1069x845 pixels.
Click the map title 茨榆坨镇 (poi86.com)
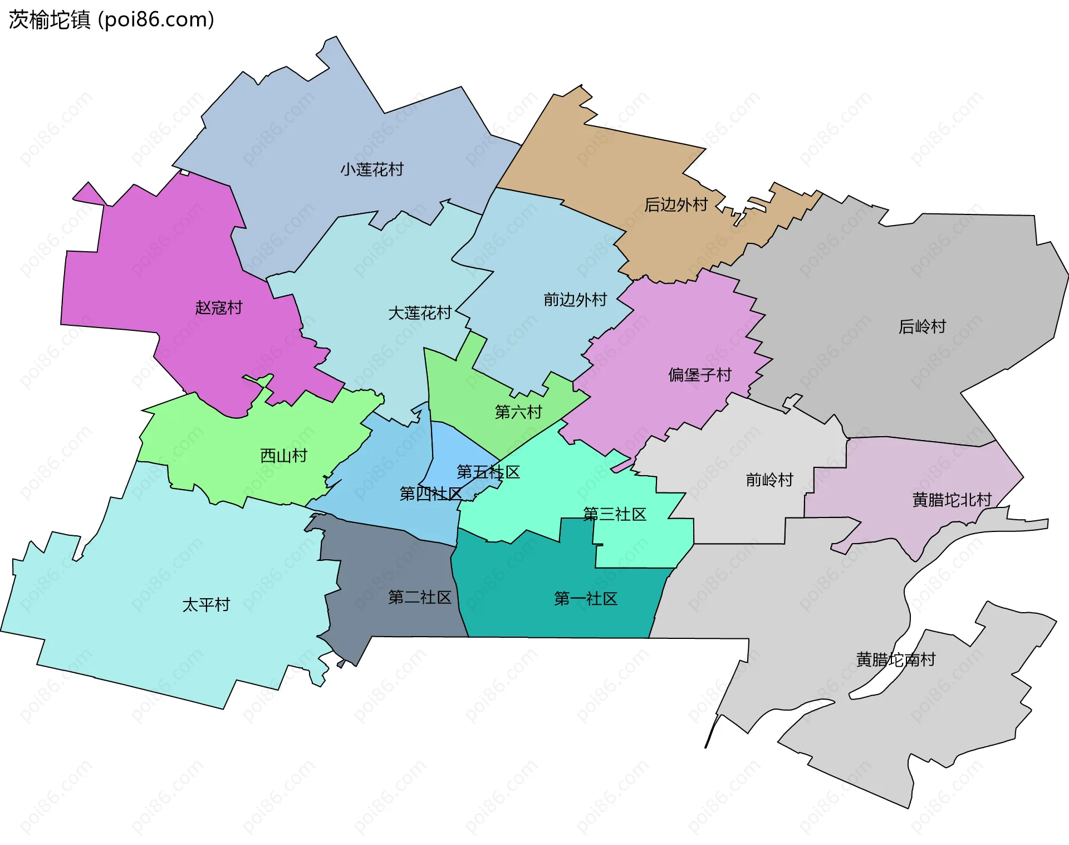pyautogui.click(x=111, y=20)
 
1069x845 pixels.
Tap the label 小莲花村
pyautogui.click(x=372, y=169)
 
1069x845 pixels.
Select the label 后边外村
pyautogui.click(x=676, y=205)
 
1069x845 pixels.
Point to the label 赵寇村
pyautogui.click(x=219, y=307)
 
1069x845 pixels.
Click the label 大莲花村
pyautogui.click(x=420, y=313)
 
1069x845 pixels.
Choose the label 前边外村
pyautogui.click(x=575, y=300)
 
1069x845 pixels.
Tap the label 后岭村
pyautogui.click(x=923, y=326)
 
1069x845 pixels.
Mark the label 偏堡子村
pyautogui.click(x=700, y=375)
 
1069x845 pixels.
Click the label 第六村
pyautogui.click(x=518, y=412)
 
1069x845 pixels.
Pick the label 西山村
pyautogui.click(x=284, y=456)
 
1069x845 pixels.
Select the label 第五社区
pyautogui.click(x=488, y=472)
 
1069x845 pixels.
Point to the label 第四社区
pyautogui.click(x=431, y=494)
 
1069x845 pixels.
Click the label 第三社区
pyautogui.click(x=615, y=514)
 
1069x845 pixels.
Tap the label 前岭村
pyautogui.click(x=769, y=480)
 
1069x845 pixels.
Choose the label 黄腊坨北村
pyautogui.click(x=952, y=500)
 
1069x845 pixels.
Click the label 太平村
pyautogui.click(x=207, y=604)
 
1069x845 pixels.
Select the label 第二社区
pyautogui.click(x=420, y=598)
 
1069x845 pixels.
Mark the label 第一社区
pyautogui.click(x=586, y=599)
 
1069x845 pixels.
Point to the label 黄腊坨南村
pyautogui.click(x=896, y=660)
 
